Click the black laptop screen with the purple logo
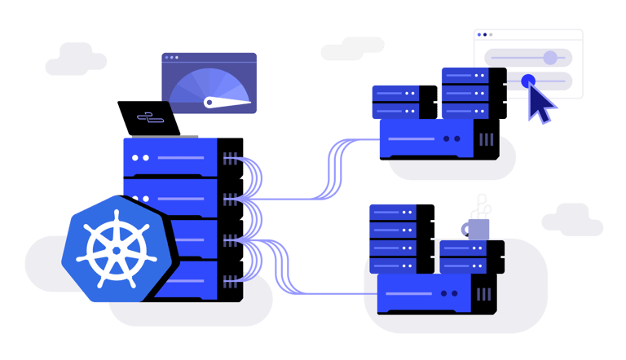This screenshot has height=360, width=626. pyautogui.click(x=149, y=118)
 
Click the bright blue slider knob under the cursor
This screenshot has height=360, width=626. pyautogui.click(x=527, y=81)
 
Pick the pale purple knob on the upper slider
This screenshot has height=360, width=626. pyautogui.click(x=550, y=57)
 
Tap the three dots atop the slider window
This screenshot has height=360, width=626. pyautogui.click(x=484, y=35)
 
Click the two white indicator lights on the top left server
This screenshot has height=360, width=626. pyautogui.click(x=140, y=157)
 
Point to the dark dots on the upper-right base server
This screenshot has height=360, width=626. pyautogui.click(x=451, y=138)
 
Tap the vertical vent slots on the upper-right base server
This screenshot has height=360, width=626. pyautogui.click(x=487, y=138)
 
